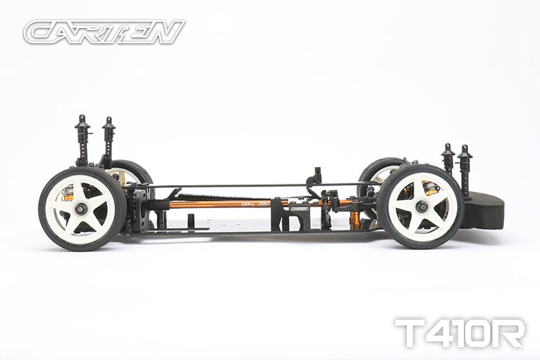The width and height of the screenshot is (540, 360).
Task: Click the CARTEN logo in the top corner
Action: point(104,32)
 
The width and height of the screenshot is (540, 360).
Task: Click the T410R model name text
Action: point(459,333)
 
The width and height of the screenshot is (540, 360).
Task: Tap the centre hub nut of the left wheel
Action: point(81,208)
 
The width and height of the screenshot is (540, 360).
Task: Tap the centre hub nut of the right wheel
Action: point(420,207)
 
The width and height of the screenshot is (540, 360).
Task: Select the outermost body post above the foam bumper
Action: point(464,170)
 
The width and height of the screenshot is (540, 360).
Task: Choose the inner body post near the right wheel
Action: point(448,158)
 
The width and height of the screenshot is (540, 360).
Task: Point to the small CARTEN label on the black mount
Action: point(300,209)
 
